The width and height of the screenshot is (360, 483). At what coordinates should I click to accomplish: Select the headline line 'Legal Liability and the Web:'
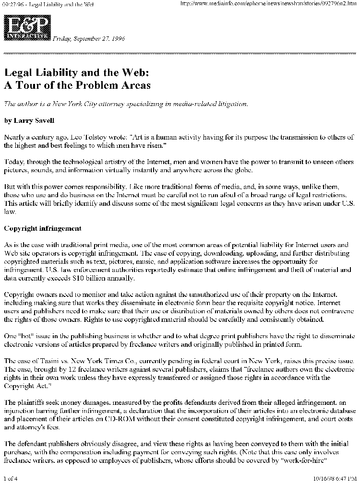point(77,73)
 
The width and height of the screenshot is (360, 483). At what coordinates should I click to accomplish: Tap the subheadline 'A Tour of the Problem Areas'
point(77,86)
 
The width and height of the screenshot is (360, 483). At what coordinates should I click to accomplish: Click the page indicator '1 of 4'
point(10,478)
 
